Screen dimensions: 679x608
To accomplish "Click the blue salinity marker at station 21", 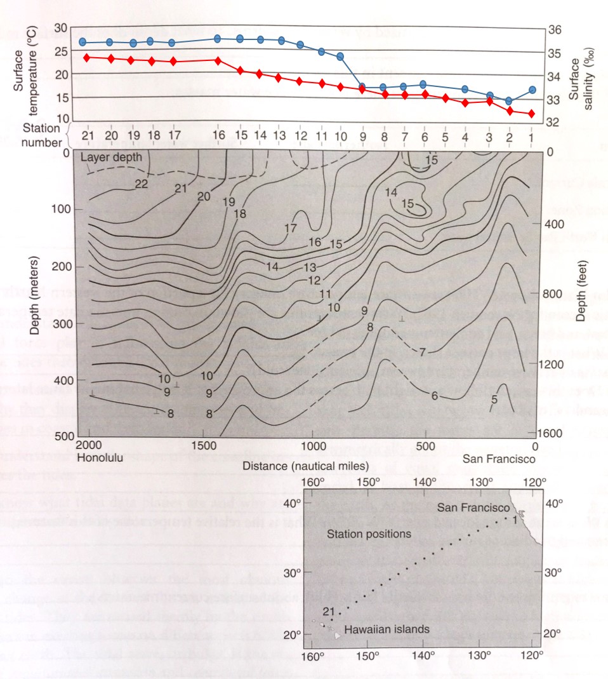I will tap(83, 42).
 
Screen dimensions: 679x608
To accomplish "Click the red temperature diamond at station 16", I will tap(218, 60).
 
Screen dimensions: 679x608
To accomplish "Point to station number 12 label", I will tap(300, 137).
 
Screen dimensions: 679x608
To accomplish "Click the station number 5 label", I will tap(445, 137).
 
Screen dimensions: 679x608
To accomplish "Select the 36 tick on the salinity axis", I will tap(554, 30).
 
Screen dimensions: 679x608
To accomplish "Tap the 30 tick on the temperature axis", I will tap(61, 28).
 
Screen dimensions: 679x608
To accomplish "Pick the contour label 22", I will tap(142, 185).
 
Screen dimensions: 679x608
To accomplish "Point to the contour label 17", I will tap(291, 227).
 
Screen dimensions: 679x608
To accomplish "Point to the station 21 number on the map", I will tap(328, 611).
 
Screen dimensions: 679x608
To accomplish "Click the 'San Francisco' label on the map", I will tap(473, 508).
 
